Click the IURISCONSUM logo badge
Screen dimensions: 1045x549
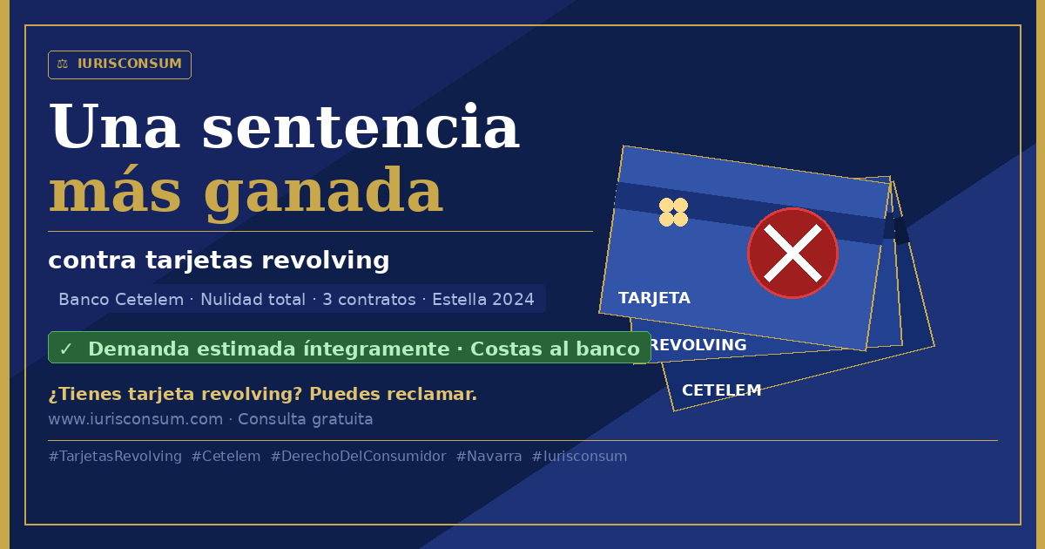119,64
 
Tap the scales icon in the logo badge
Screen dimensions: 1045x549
63,64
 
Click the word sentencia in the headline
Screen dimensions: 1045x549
361,127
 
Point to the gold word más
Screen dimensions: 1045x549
114,190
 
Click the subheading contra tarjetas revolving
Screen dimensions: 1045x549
219,260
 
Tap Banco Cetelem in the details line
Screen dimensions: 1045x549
121,299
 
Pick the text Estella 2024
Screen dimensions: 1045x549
483,299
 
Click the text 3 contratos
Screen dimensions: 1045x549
369,299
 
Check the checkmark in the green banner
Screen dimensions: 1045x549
66,349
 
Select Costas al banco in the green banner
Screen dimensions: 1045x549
555,349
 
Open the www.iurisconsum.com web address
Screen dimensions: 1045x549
136,419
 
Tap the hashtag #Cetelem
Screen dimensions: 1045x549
226,456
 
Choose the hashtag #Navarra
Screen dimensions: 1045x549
489,456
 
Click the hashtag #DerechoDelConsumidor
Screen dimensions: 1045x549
358,456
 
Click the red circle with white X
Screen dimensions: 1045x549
792,253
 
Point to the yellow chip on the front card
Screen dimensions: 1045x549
674,212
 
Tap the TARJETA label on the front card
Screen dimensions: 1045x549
654,298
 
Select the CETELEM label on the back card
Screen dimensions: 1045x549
722,390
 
